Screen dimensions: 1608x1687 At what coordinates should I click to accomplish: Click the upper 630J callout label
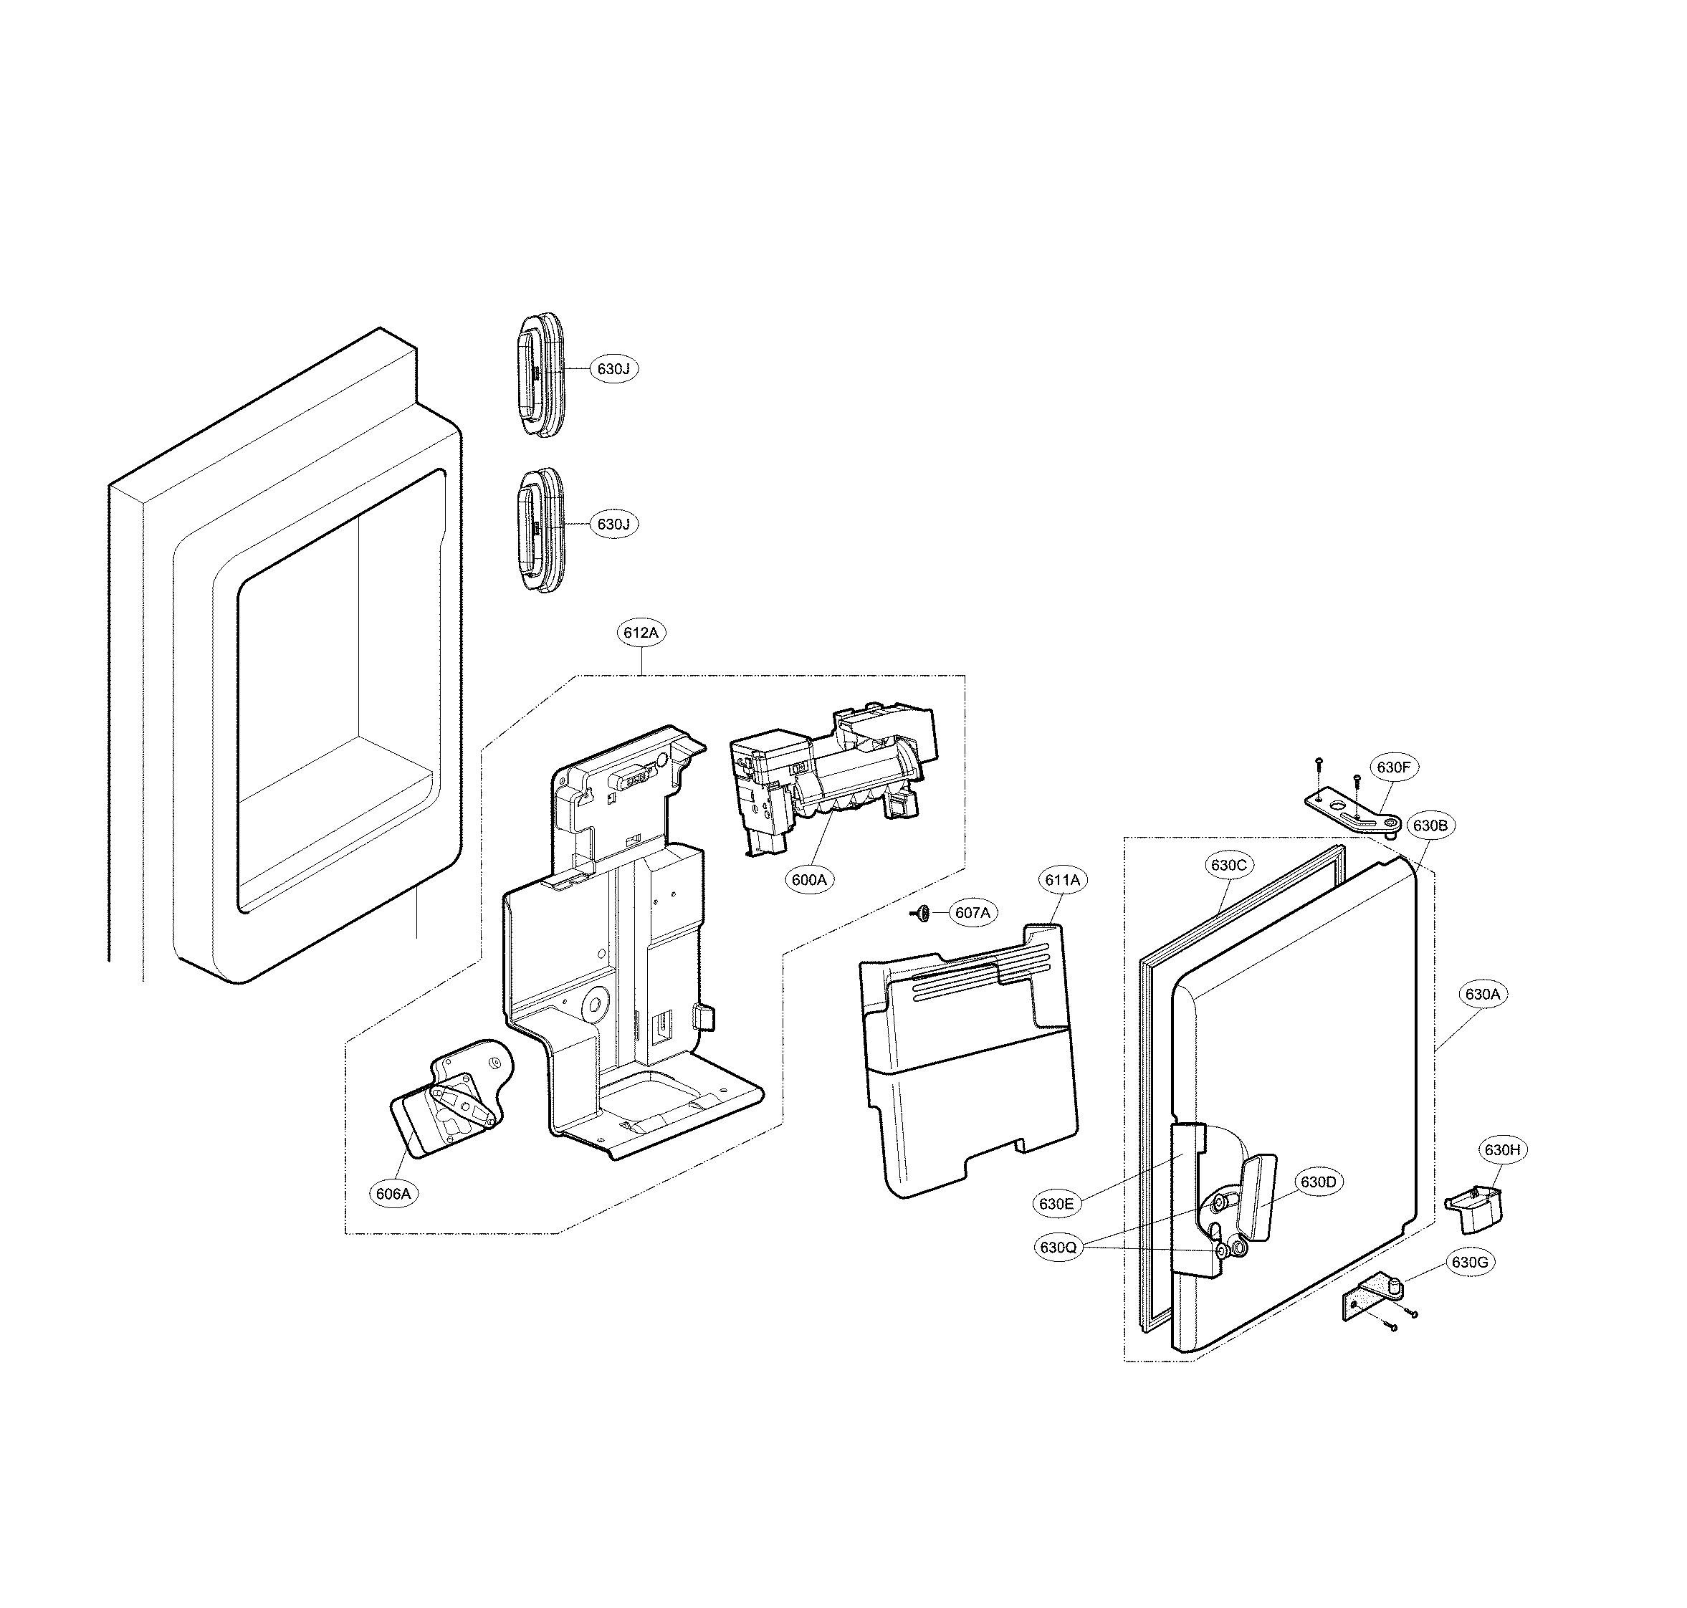tap(613, 370)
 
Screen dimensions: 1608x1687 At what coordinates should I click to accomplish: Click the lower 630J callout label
tap(613, 524)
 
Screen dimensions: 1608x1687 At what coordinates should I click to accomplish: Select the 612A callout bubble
tap(641, 633)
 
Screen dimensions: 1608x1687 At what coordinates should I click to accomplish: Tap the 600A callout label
tap(809, 879)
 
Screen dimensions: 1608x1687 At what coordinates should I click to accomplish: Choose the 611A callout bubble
tap(1063, 879)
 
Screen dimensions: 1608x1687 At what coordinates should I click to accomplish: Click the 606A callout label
tap(393, 1193)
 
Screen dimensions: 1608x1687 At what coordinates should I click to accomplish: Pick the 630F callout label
tap(1394, 767)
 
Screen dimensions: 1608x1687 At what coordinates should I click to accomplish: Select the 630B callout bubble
tap(1430, 825)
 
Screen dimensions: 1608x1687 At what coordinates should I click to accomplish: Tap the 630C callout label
tap(1228, 866)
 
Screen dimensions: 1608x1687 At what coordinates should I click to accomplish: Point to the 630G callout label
tap(1469, 1263)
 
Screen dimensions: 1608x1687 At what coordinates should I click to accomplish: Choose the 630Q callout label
tap(1058, 1248)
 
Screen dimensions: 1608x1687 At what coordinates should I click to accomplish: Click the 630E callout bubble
tap(1056, 1203)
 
